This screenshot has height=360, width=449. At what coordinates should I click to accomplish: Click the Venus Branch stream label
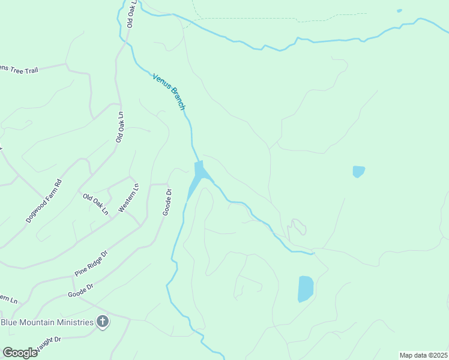169,92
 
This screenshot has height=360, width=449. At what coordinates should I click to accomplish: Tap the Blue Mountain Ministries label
47,322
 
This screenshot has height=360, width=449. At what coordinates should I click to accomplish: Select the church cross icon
103,322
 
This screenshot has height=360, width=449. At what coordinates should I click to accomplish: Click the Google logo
20,352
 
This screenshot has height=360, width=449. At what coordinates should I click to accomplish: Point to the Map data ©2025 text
423,355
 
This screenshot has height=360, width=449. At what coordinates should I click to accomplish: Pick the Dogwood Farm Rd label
44,201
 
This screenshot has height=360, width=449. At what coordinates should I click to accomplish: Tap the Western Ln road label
128,197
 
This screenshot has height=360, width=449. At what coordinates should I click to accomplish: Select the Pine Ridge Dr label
91,263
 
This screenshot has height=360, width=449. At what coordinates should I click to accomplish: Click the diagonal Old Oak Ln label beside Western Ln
96,204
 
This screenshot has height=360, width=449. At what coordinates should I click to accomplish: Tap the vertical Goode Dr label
167,202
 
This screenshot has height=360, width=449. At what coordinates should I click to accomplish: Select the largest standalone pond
306,289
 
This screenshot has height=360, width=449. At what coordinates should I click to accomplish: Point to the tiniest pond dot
399,10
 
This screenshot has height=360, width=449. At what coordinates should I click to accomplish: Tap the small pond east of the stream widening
358,172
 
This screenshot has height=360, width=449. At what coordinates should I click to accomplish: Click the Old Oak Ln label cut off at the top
132,13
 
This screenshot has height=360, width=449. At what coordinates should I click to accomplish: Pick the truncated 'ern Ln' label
8,298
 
